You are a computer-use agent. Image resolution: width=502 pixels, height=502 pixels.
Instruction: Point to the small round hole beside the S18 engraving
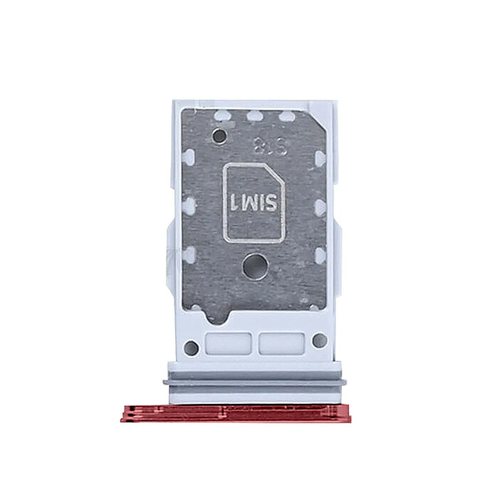point(221,134)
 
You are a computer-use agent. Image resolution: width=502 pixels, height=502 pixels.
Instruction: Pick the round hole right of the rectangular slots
point(320,341)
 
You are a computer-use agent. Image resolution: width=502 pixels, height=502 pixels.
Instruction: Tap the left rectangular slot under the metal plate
point(227,344)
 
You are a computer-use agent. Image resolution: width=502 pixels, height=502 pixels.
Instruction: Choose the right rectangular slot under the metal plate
point(281,344)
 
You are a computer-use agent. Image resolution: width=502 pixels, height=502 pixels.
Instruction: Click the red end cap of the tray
point(239,412)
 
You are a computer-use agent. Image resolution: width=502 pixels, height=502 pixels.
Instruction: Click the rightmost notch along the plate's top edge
point(286,116)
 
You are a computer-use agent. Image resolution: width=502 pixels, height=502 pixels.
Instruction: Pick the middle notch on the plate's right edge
point(320,207)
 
